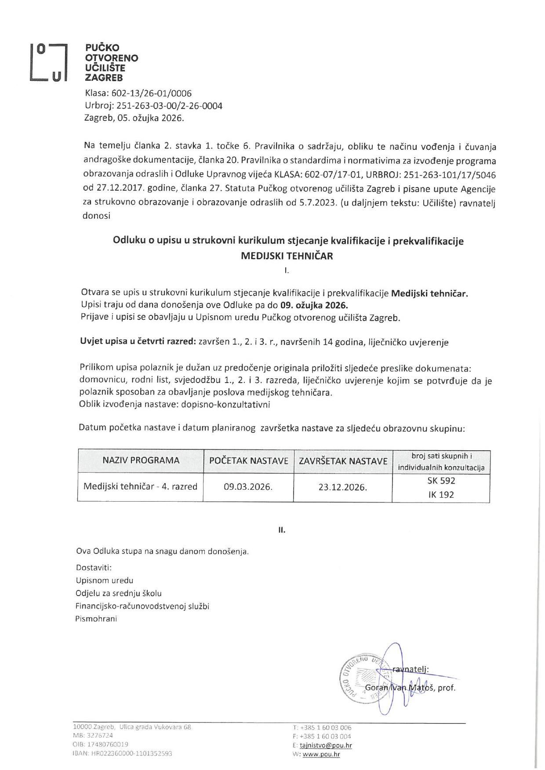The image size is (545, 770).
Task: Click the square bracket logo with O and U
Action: pos(48,62)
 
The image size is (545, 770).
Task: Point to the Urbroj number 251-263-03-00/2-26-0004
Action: pos(169,106)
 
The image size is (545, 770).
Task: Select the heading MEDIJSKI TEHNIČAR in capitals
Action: pos(287,256)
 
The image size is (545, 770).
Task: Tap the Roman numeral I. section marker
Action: pos(287,271)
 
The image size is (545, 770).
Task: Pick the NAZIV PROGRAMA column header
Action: pos(141,460)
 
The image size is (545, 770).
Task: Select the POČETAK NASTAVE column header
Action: pos(248,461)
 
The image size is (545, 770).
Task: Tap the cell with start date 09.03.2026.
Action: pos(248,487)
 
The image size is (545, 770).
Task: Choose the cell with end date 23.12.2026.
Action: pos(343,487)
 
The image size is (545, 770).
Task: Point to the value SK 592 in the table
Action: pos(441,481)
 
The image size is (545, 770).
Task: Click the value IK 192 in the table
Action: pos(441,495)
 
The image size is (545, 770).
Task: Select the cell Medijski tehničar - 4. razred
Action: pos(140,487)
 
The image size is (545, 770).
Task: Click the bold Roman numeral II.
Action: pos(282,530)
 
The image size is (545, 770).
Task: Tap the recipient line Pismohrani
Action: pos(96,619)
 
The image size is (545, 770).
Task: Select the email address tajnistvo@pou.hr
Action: pos(326,745)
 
